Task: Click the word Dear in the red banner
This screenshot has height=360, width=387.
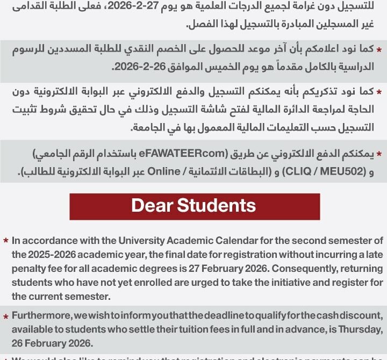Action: [x=153, y=206]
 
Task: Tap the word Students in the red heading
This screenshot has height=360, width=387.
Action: [x=217, y=206]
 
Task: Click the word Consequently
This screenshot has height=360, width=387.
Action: [x=274, y=269]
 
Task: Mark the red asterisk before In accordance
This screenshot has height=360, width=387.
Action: [x=5, y=241]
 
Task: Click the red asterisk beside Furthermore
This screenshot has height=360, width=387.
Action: [x=5, y=316]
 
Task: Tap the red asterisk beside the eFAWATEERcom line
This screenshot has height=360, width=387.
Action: [x=379, y=154]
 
